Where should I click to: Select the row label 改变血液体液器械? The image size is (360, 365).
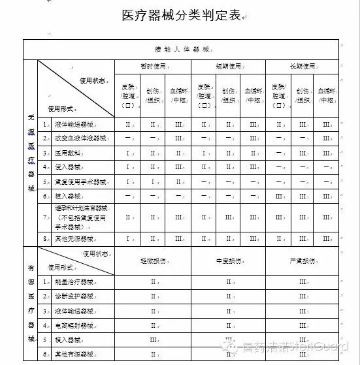pyautogui.click(x=76, y=138)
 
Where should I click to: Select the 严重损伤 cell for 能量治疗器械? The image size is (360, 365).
pyautogui.click(x=303, y=282)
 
